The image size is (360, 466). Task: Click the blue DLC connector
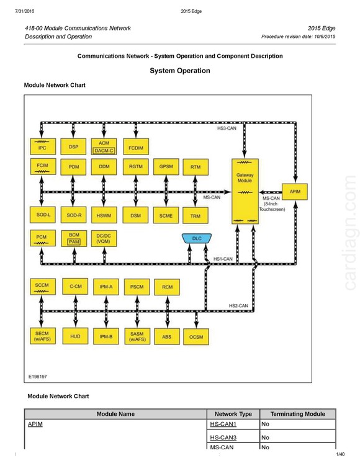coord(197,238)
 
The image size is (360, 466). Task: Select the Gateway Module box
coord(245,191)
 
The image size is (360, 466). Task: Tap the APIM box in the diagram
coord(295,192)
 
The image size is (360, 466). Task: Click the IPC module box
coord(43,146)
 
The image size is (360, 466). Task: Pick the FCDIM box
coord(136,146)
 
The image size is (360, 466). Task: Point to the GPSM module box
coord(166,167)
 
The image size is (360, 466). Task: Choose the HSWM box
coord(104,215)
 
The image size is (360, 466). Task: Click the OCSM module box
coord(196,337)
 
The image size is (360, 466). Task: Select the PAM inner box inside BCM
coord(74,241)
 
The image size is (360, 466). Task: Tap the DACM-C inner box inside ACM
coord(104,151)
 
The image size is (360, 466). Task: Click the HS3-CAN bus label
coord(227,128)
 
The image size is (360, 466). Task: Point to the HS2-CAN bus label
coord(238,305)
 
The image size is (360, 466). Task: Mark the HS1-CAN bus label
coord(223,259)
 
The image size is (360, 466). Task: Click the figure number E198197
coord(38,377)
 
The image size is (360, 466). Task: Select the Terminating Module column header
coord(298,414)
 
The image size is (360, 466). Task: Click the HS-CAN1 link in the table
coord(223,424)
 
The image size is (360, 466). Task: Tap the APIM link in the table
coord(35,424)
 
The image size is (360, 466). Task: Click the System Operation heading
coord(180,71)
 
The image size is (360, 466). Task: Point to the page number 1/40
coord(340,454)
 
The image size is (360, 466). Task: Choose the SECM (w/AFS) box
coord(43,336)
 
